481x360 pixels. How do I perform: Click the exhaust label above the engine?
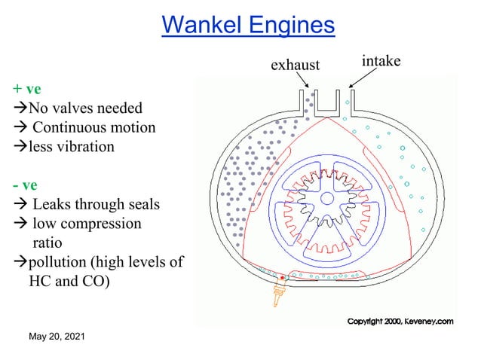pos(296,66)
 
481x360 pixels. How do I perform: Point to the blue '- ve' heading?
pos(25,185)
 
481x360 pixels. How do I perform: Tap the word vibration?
pos(85,147)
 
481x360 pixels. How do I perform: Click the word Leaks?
pos(53,205)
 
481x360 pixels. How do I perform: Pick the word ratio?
pos(47,243)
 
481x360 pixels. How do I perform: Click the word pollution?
pos(60,263)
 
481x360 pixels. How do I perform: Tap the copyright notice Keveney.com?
pos(400,322)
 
